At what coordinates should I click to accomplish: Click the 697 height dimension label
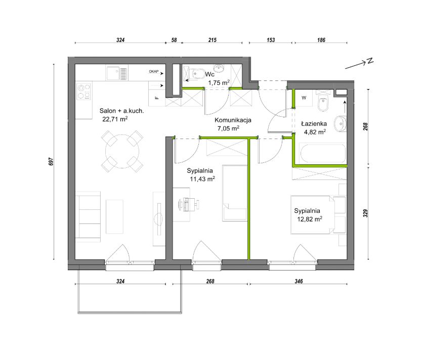click(52, 162)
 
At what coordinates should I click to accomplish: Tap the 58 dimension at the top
click(174, 40)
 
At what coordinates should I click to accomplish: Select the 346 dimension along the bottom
click(299, 281)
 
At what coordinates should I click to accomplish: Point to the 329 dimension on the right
click(365, 213)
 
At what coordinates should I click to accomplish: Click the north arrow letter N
click(370, 61)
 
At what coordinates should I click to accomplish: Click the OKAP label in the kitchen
click(154, 71)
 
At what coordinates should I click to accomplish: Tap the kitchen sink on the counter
click(117, 73)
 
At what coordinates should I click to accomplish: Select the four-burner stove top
click(83, 92)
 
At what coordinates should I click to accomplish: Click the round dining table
click(122, 151)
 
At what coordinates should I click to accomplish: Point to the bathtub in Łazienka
click(323, 154)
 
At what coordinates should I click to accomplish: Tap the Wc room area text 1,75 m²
click(219, 82)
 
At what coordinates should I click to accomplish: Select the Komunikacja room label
click(233, 120)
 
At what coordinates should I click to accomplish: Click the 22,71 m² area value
click(115, 119)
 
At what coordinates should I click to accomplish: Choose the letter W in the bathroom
click(304, 98)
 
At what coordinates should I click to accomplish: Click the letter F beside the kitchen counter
click(157, 98)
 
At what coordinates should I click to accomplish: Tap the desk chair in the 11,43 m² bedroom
click(189, 204)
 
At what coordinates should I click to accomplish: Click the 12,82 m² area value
click(310, 219)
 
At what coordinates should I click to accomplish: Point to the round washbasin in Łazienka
click(340, 124)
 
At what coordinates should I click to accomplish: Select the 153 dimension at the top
click(271, 40)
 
